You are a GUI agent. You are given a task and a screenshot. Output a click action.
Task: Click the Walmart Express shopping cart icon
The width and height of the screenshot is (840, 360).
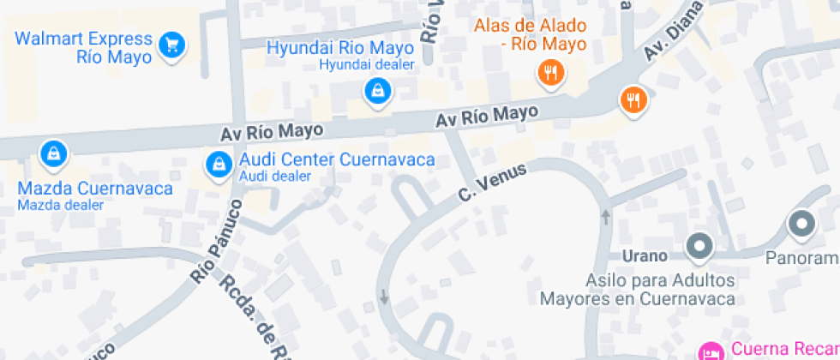(173, 43)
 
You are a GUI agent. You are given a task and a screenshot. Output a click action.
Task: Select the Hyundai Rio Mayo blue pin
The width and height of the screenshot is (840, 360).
(376, 89)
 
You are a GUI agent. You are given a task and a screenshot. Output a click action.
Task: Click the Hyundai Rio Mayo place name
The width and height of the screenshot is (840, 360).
(341, 48)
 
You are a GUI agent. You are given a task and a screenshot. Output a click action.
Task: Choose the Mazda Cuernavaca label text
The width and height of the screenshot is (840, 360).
(95, 188)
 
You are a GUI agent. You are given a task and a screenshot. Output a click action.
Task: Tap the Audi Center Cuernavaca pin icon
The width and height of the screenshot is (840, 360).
(219, 162)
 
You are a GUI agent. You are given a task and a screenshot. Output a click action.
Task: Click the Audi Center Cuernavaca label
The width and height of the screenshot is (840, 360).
(337, 159)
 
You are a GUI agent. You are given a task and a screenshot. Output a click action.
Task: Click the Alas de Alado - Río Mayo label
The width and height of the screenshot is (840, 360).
(531, 34)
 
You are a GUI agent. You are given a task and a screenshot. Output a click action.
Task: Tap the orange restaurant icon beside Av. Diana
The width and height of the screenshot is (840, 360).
(633, 100)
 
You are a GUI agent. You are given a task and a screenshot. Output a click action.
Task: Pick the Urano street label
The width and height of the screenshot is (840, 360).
(644, 255)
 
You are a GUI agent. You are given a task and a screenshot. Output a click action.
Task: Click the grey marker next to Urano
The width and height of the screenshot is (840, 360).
(700, 247)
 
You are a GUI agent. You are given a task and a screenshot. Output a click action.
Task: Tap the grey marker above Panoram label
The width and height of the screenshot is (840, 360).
(801, 225)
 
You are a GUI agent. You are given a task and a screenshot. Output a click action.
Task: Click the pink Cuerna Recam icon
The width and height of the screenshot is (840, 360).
(711, 351)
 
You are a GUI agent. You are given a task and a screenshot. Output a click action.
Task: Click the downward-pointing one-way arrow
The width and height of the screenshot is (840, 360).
(383, 297)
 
